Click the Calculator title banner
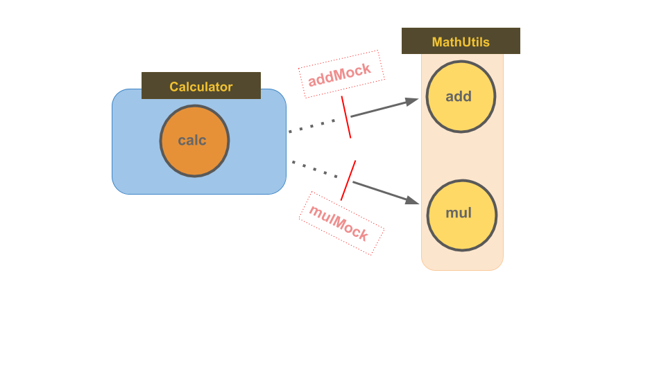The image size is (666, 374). click(201, 86)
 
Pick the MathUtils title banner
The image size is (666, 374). click(461, 41)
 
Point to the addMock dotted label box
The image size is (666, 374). click(341, 73)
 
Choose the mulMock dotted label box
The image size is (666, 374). click(341, 223)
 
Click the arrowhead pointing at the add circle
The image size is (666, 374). click(413, 101)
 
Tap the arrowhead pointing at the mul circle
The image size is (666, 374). click(413, 200)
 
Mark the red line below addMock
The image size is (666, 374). click(346, 117)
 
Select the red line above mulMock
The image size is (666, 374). click(348, 180)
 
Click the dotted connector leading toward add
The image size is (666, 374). click(312, 125)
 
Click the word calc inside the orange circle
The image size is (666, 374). click(192, 141)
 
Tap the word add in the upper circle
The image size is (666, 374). click(459, 96)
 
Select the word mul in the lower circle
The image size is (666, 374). click(459, 213)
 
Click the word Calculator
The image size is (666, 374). click(201, 87)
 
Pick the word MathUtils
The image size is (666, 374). click(461, 42)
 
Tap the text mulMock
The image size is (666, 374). click(339, 222)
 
